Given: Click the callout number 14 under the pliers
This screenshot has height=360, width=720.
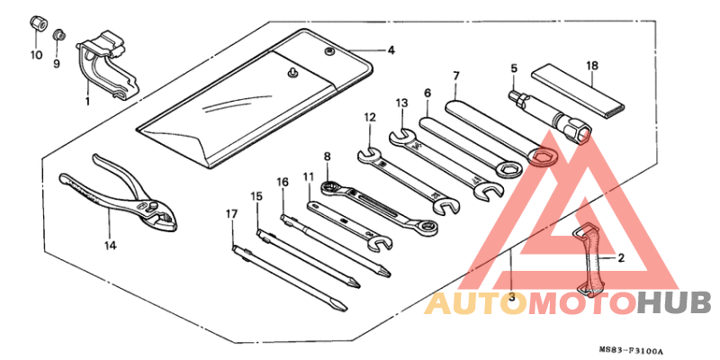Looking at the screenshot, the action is pyautogui.click(x=109, y=246).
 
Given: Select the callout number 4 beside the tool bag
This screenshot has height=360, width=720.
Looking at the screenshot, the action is pyautogui.click(x=391, y=49).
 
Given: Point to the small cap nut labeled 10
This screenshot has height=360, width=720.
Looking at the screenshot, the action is pyautogui.click(x=37, y=23).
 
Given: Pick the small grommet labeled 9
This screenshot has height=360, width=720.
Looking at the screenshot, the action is pyautogui.click(x=58, y=34).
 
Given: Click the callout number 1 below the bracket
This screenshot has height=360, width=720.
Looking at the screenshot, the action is pyautogui.click(x=87, y=100).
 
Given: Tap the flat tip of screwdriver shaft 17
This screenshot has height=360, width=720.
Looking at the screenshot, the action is pyautogui.click(x=339, y=304).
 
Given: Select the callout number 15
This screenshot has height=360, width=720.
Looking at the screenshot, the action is pyautogui.click(x=256, y=196).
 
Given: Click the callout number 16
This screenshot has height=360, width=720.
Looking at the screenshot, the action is pyautogui.click(x=283, y=182).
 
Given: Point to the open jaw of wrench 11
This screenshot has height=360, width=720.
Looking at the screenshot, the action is pyautogui.click(x=381, y=242).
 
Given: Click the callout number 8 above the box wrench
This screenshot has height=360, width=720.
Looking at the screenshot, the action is pyautogui.click(x=327, y=157).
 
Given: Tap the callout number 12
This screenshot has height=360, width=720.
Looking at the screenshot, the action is pyautogui.click(x=370, y=118).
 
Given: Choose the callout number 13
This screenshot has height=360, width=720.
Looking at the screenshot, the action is pyautogui.click(x=401, y=103).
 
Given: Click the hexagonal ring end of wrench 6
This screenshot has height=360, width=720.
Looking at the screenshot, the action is pyautogui.click(x=508, y=169).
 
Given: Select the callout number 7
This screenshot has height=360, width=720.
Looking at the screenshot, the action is pyautogui.click(x=455, y=76).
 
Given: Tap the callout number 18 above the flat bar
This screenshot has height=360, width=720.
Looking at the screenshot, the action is pyautogui.click(x=592, y=65).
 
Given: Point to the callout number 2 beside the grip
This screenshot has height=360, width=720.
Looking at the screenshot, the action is pyautogui.click(x=621, y=258).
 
